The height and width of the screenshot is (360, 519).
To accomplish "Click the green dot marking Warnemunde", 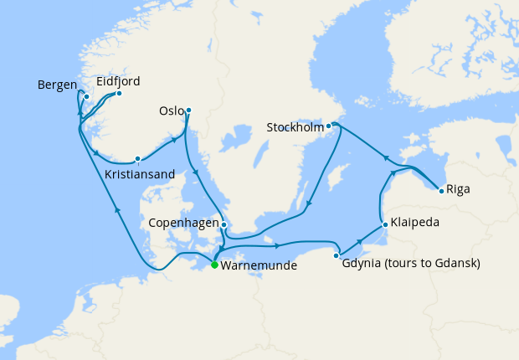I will click(214, 265).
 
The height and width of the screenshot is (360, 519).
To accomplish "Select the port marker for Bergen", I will click(86, 96).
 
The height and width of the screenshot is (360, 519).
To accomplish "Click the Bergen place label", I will click(57, 85).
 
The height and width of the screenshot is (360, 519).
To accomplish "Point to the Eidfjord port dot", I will click(119, 93).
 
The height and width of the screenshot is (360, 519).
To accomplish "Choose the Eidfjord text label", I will click(118, 81).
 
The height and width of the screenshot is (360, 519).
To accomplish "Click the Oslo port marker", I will click(188, 110).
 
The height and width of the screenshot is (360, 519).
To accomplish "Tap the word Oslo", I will click(171, 111).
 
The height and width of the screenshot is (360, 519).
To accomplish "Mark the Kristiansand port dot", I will click(137, 157).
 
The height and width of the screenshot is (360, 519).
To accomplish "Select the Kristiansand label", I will click(140, 174).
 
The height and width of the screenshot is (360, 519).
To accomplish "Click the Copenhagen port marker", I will click(224, 224).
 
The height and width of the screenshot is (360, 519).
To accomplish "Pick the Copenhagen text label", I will click(182, 224).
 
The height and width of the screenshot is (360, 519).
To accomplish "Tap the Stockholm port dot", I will click(329, 126).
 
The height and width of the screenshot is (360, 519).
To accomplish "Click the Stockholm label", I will click(295, 128).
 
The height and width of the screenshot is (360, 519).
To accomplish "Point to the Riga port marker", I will click(441, 190).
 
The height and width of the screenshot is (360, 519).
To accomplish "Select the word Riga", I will click(459, 189).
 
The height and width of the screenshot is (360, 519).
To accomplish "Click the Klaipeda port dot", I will click(383, 224).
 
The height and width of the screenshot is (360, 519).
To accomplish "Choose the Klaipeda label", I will click(414, 224).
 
